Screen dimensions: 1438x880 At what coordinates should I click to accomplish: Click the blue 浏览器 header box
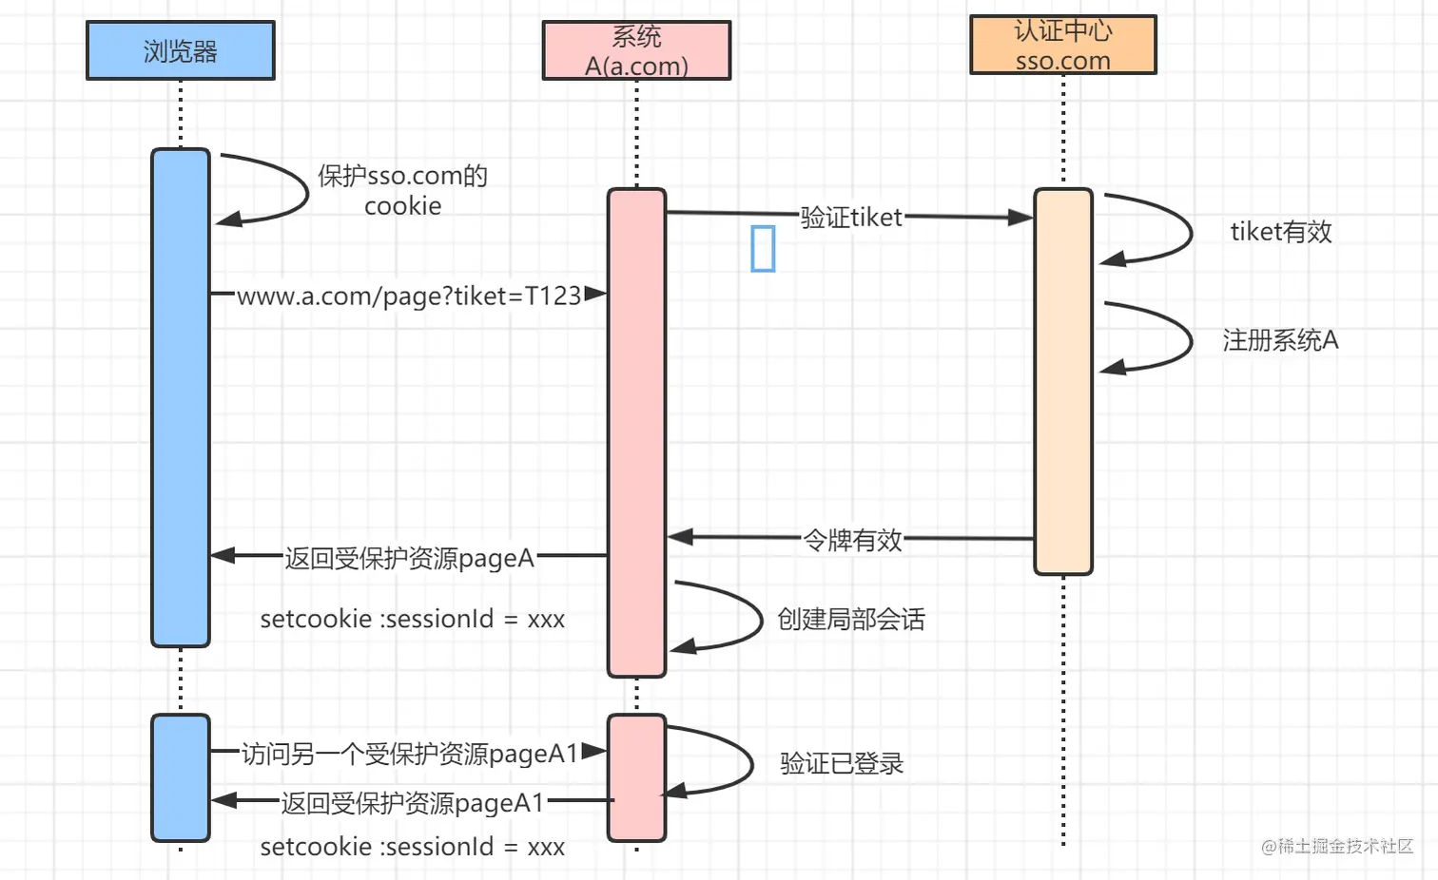[x=181, y=50]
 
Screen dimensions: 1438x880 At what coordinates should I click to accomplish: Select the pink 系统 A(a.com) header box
[x=636, y=50]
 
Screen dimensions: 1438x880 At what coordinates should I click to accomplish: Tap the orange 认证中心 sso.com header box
[x=1063, y=45]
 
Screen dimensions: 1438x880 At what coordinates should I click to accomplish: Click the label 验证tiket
[x=851, y=218]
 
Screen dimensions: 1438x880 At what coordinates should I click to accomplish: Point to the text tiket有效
[x=1281, y=232]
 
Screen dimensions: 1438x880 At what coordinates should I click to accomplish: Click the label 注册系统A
[x=1280, y=340]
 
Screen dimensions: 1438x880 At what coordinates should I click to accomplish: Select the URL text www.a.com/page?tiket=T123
[x=409, y=296]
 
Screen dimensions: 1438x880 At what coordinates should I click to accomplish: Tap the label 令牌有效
[x=852, y=540]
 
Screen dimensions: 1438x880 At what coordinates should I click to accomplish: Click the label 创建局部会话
[x=851, y=619]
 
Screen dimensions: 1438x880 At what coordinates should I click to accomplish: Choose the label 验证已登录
[x=842, y=763]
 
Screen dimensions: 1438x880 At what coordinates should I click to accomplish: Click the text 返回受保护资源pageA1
[x=413, y=802]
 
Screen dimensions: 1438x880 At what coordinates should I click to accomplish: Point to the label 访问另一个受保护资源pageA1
[x=411, y=754]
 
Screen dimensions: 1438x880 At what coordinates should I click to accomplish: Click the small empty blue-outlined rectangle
[x=763, y=248]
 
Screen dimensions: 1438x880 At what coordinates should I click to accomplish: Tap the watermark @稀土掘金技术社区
[x=1337, y=846]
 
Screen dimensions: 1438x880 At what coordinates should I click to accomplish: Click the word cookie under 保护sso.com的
[x=403, y=206]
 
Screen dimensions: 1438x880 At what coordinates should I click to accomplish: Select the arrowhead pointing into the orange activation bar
[x=1020, y=218]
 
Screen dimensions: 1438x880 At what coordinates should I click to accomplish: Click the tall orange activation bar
[x=1063, y=381]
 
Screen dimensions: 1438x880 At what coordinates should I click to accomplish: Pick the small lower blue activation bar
[x=181, y=777]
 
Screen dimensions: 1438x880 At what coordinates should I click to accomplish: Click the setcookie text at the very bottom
[x=412, y=847]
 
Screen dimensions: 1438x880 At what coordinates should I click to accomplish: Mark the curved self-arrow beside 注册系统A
[x=1192, y=338]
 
